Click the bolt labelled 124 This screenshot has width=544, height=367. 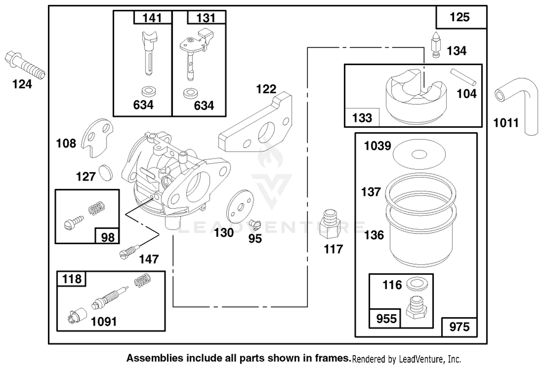25,65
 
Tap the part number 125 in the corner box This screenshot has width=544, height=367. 459,17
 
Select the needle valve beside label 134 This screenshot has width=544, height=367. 436,45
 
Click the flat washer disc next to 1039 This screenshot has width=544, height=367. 419,154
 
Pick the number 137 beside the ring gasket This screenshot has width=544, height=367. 371,192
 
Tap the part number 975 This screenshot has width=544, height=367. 459,327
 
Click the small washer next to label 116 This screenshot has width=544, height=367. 417,284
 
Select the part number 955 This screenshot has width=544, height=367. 386,319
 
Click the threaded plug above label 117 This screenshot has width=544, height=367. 330,224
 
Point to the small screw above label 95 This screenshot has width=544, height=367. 255,224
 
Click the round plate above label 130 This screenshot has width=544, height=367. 240,207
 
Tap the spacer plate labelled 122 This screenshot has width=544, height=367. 255,122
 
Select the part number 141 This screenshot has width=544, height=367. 152,18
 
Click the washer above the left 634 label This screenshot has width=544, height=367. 149,91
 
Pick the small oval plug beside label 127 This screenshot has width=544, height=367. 106,173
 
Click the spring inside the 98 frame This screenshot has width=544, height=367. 96,208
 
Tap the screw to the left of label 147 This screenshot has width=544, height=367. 130,252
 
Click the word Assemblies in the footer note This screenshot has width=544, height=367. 155,358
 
